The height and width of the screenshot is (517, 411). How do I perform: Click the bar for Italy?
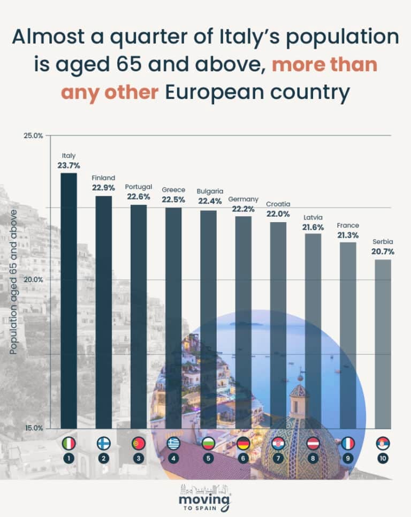(x=68, y=300)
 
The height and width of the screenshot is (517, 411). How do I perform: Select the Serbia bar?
(x=383, y=343)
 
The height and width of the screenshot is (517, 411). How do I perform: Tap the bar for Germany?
(x=243, y=321)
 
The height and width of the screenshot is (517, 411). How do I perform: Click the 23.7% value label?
(x=68, y=165)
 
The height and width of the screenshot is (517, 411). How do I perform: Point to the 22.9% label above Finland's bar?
(x=103, y=188)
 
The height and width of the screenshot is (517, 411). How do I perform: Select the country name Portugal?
(x=139, y=187)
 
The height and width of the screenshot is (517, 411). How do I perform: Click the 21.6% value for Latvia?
(x=313, y=227)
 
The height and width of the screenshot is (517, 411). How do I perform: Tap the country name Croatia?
(x=278, y=204)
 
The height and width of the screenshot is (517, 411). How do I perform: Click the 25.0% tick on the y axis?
(x=33, y=135)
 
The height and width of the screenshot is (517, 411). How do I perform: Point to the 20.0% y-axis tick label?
(x=33, y=279)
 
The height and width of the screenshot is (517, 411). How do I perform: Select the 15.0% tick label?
(x=33, y=428)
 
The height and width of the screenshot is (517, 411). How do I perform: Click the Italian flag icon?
(x=68, y=443)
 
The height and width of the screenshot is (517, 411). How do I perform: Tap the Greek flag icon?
(x=173, y=443)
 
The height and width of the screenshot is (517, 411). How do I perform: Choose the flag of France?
(x=348, y=443)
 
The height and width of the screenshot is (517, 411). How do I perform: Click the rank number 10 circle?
(x=383, y=458)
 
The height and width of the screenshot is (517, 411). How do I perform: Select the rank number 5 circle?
(x=208, y=458)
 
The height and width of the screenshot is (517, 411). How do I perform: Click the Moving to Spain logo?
(x=205, y=498)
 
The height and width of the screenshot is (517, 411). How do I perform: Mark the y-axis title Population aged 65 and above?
(x=14, y=282)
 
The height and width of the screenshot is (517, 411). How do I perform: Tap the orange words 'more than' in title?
(x=325, y=65)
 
